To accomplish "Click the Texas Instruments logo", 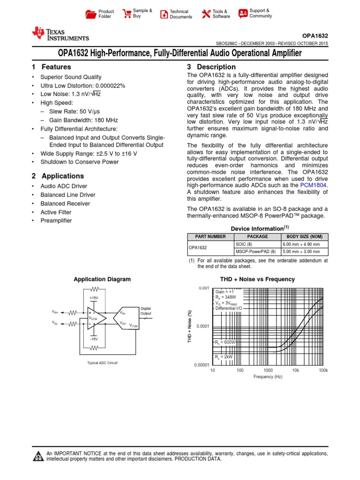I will [60, 34].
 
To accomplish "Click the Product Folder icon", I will [90, 14].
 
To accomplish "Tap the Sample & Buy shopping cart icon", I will [127, 14].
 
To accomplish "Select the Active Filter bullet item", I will [56, 212].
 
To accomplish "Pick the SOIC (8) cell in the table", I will [243, 244].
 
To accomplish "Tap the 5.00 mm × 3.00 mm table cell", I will [301, 252].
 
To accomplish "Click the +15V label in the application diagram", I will [94, 298].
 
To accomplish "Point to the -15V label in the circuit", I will [94, 338].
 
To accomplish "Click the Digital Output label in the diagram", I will [146, 310].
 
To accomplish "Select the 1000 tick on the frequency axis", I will [268, 370].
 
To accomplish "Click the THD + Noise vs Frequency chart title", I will [257, 279].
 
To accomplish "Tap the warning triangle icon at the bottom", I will [37, 457].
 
